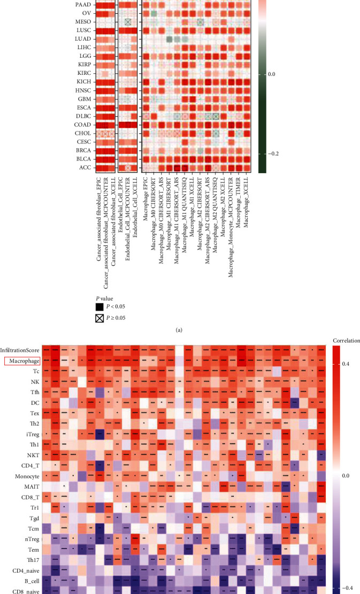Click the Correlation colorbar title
coord(342,340)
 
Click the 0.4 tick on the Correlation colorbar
coord(346,364)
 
